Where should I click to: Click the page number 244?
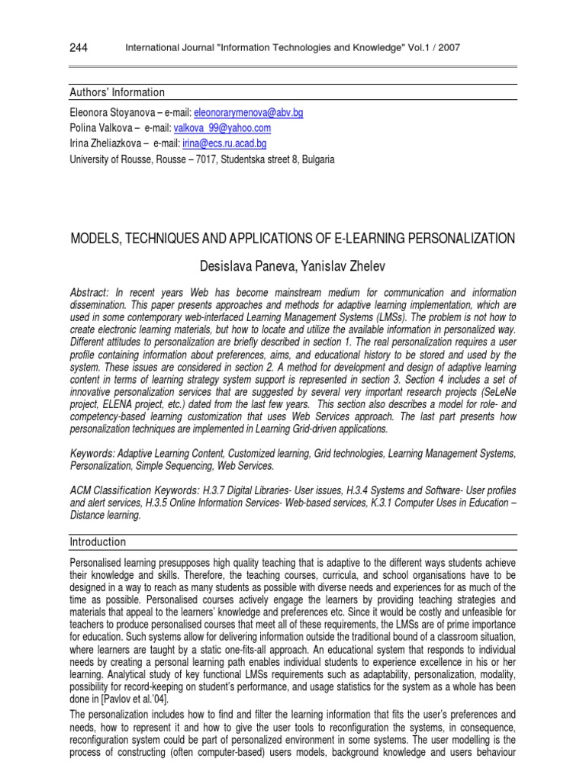(x=78, y=49)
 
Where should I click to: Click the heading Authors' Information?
(x=117, y=92)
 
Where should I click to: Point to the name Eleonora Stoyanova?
(x=111, y=112)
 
